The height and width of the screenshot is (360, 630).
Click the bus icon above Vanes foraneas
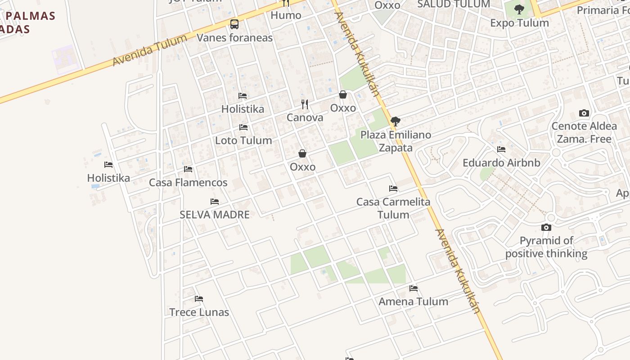[234, 24]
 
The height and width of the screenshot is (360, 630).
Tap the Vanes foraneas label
[234, 38]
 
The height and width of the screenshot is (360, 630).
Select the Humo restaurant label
[286, 15]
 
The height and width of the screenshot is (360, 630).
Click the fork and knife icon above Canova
[305, 104]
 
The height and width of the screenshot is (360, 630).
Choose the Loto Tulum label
[243, 140]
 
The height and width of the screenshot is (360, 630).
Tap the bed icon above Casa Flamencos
[188, 169]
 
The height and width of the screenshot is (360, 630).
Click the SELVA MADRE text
[215, 215]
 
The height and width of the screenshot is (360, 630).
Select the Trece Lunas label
[199, 312]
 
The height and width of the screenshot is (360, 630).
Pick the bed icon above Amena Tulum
[414, 288]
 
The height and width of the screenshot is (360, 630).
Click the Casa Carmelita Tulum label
[393, 208]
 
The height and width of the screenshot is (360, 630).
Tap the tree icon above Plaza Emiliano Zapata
[396, 121]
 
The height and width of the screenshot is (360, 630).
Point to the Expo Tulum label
[519, 23]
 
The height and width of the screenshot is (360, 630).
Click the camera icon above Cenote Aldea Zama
[584, 113]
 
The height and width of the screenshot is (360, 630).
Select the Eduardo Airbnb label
[501, 163]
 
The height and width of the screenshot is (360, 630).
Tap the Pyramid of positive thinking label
[546, 247]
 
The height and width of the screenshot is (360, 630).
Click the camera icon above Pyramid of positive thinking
[546, 228]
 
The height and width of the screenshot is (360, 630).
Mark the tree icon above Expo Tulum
[519, 9]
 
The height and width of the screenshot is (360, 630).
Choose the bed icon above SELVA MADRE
[215, 202]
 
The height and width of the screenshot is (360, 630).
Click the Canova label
[305, 118]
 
